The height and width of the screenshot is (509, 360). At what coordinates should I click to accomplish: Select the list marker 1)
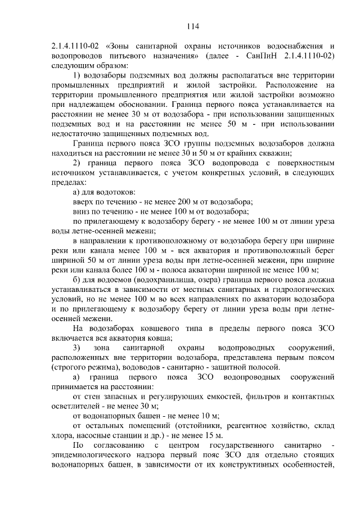[78, 75]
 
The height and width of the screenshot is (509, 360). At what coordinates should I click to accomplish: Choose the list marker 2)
[78, 163]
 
